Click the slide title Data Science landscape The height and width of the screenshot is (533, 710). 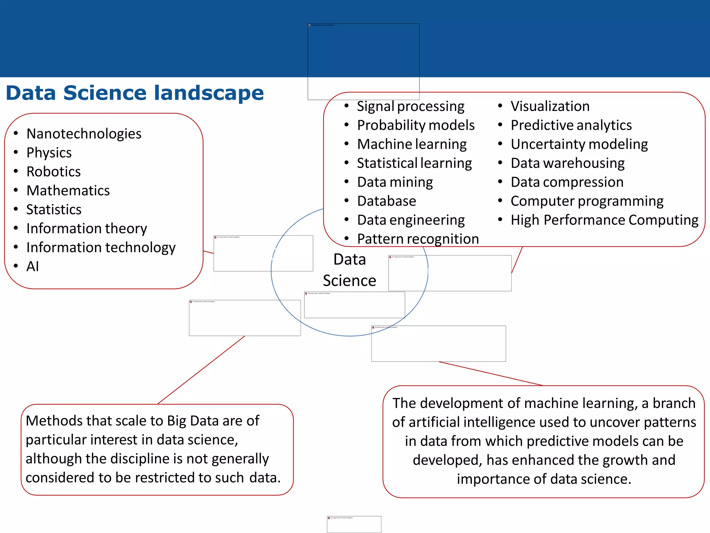click(135, 93)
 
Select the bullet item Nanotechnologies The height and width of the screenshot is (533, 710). click(84, 134)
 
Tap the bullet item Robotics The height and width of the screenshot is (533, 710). click(53, 171)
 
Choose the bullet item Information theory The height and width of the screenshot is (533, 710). click(87, 228)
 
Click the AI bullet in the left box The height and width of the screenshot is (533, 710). click(33, 266)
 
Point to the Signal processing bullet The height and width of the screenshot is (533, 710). click(410, 106)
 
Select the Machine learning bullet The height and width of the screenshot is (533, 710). click(412, 144)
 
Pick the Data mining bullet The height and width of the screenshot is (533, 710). click(395, 182)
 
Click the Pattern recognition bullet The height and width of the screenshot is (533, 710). click(418, 239)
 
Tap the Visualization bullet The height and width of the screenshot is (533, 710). click(550, 106)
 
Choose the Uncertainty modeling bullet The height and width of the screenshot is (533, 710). click(579, 144)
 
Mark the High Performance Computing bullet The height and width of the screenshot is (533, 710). click(604, 220)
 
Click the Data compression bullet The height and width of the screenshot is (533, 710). click(567, 182)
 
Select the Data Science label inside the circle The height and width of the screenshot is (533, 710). click(349, 270)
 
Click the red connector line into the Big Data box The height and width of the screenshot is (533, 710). click(201, 370)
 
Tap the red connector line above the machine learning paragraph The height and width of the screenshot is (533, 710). click(491, 373)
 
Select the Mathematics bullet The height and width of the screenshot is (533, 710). click(68, 191)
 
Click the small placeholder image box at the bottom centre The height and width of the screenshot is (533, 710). click(354, 524)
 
